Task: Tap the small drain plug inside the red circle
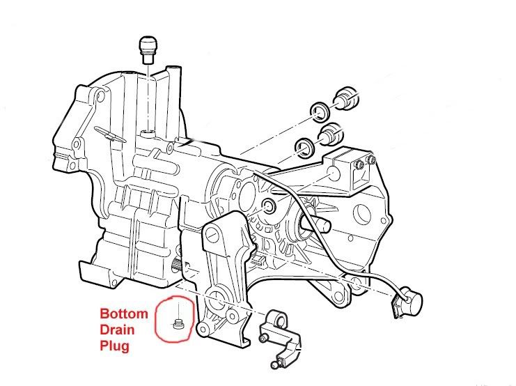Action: (x=178, y=322)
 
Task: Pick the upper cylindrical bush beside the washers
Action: (x=345, y=98)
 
